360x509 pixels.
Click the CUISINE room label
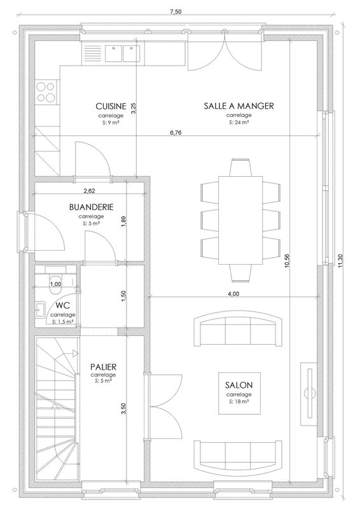tap(110, 106)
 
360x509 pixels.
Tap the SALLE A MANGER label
tap(239, 106)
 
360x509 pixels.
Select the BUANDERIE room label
tap(91, 207)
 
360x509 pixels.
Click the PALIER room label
tap(102, 368)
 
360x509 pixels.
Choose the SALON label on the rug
tap(239, 386)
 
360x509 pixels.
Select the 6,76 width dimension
tap(176, 133)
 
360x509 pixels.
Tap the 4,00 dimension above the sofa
tap(233, 293)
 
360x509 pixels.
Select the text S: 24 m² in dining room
tap(239, 122)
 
